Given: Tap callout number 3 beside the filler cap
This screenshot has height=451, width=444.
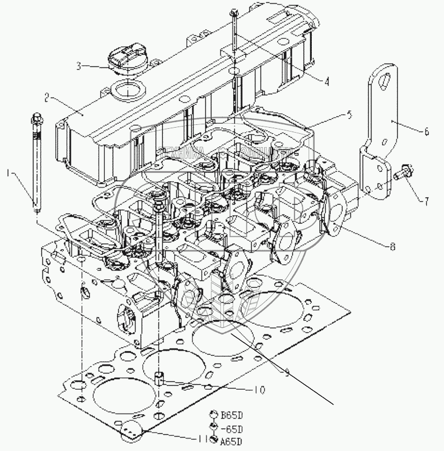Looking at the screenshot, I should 79,65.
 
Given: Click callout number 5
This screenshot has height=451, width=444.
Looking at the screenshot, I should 349,115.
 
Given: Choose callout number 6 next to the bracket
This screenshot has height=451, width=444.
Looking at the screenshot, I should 427,132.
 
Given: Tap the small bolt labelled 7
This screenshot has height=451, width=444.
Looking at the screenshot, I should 402,172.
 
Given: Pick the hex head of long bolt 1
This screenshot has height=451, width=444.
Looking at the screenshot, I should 36,118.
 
